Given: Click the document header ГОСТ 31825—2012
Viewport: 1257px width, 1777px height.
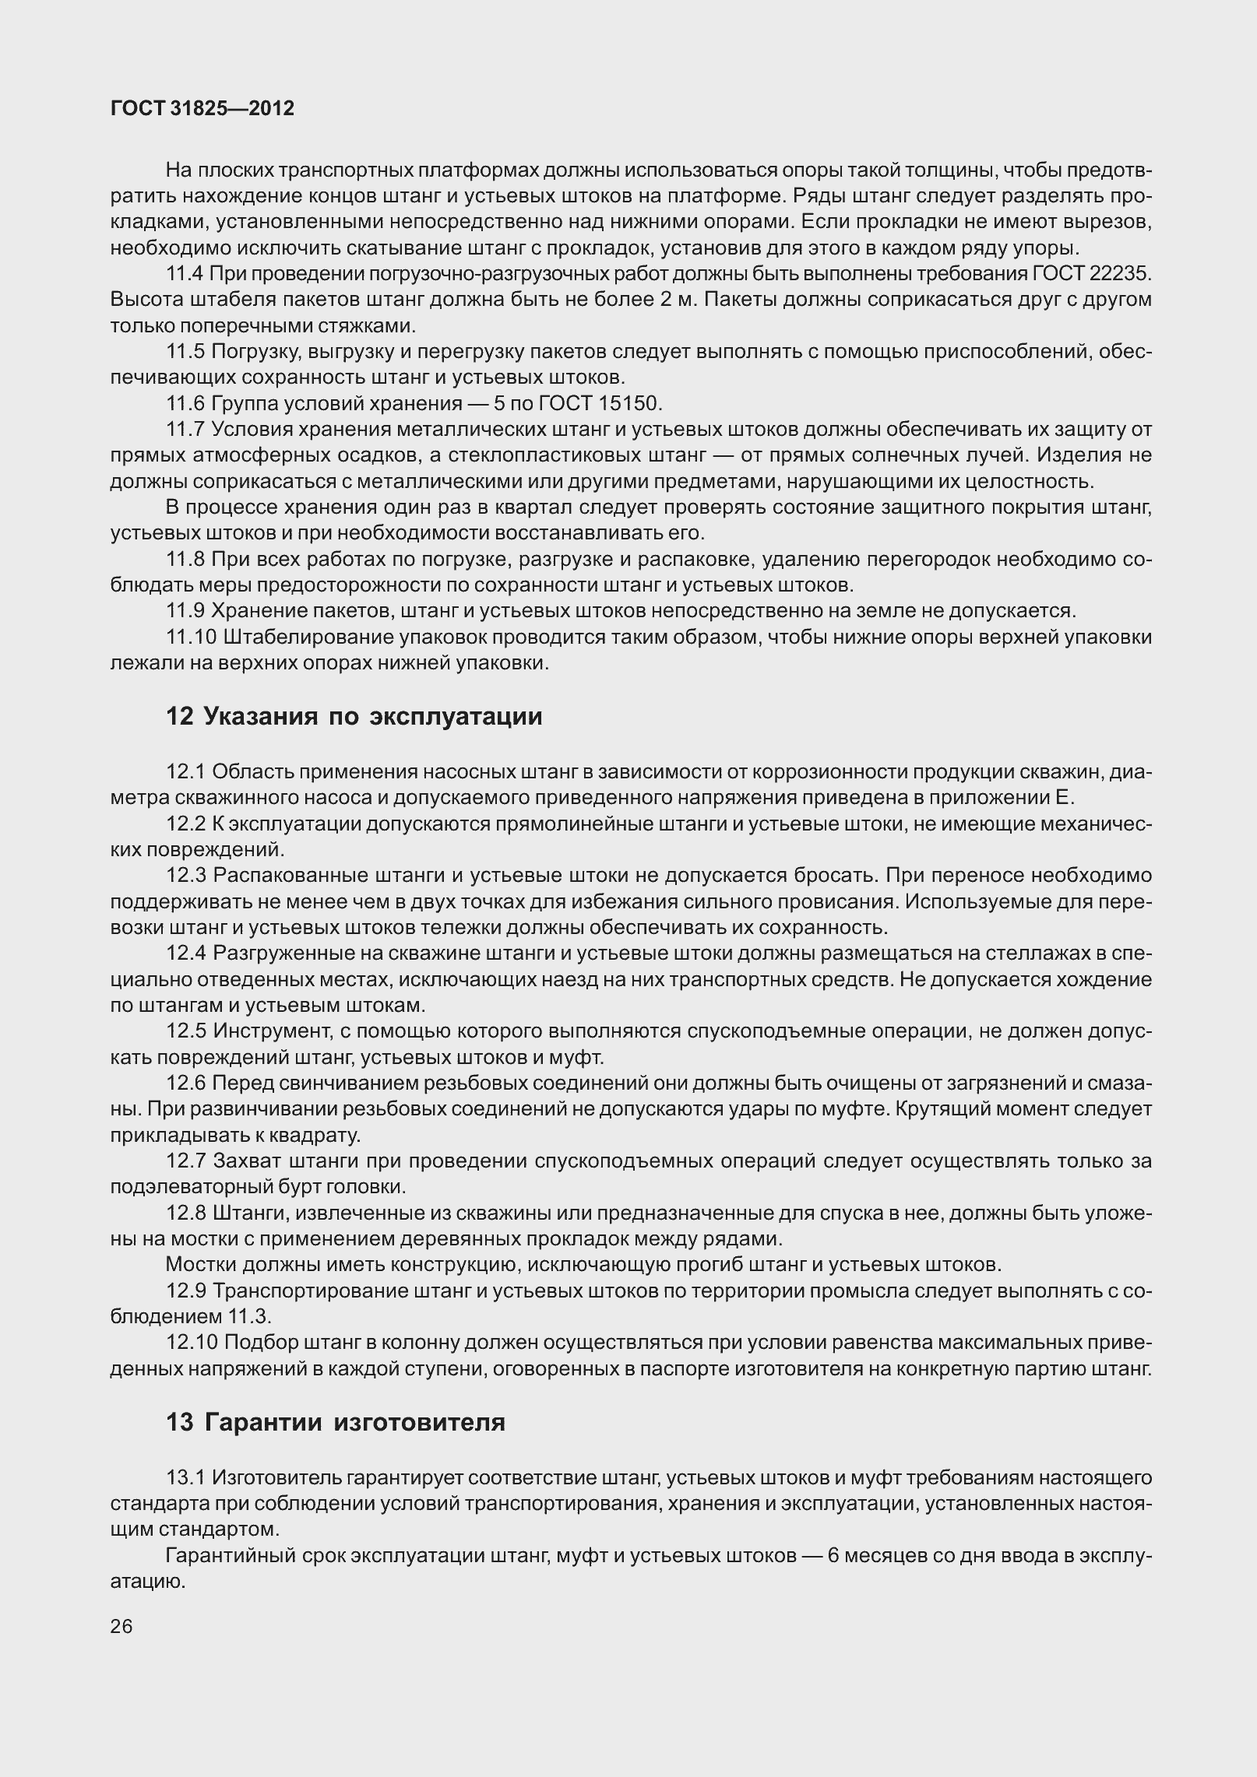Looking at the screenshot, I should click(x=202, y=109).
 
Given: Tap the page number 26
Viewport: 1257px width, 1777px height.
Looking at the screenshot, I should click(x=121, y=1626).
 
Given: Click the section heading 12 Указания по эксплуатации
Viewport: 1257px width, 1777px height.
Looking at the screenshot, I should click(x=354, y=716).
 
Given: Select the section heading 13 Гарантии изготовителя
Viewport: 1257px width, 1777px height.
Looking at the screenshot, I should click(x=336, y=1422).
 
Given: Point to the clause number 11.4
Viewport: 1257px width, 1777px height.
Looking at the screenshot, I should click(x=185, y=274).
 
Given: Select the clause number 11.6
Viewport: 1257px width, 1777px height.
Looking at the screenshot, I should click(x=185, y=403).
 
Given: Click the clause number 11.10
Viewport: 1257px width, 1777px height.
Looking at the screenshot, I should click(x=191, y=637).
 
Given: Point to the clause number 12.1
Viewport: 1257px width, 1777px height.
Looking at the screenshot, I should click(x=185, y=771).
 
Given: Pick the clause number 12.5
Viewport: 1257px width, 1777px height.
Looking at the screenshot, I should click(x=185, y=1031).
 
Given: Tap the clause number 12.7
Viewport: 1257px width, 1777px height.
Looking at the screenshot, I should click(x=185, y=1161).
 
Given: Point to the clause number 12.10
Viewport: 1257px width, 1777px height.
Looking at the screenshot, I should click(x=191, y=1343).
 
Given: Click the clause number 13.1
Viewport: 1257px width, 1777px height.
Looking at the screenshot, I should click(x=185, y=1477).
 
